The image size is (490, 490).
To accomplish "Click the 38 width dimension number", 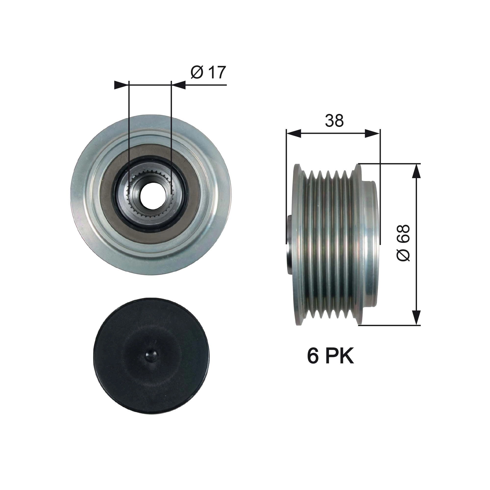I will [334, 121].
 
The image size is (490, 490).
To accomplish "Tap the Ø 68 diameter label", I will [403, 243].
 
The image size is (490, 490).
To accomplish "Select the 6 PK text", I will [330, 356].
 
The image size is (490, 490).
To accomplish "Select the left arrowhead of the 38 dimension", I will [294, 134].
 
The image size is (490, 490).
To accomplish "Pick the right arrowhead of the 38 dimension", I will [373, 134].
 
